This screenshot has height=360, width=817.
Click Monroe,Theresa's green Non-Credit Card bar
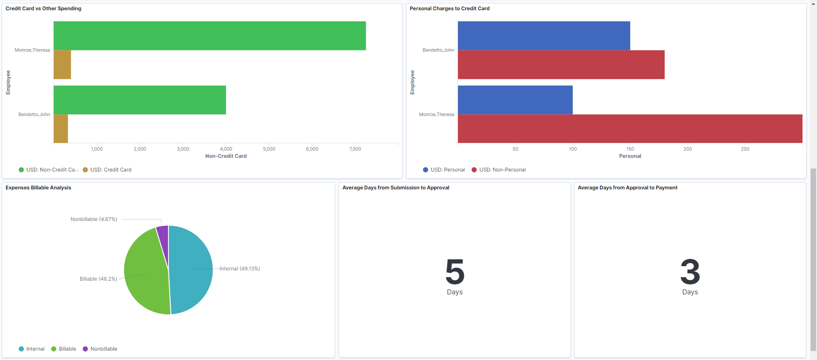(209, 36)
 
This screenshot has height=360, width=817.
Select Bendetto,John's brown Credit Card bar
(61, 128)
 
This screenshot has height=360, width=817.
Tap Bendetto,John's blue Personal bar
(544, 36)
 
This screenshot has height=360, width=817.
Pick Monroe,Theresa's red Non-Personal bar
(630, 128)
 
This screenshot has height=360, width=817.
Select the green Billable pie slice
(145, 273)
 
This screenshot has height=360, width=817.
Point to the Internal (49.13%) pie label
(240, 269)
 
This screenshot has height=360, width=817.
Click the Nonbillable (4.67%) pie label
(94, 219)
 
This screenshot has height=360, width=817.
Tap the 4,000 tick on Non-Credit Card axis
(226, 149)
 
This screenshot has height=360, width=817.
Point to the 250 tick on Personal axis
(745, 149)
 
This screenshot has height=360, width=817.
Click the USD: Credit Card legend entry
(110, 170)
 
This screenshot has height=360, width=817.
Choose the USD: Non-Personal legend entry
(502, 170)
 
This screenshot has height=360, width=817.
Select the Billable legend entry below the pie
(67, 349)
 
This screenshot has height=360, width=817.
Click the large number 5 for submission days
(455, 272)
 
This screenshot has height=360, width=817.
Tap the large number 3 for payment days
(690, 272)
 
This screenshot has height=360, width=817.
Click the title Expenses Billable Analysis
(38, 188)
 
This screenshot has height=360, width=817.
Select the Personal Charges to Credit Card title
(449, 9)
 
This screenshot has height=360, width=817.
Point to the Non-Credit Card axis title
(226, 156)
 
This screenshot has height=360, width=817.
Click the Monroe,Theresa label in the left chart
(32, 50)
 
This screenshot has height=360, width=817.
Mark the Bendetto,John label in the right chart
(438, 50)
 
